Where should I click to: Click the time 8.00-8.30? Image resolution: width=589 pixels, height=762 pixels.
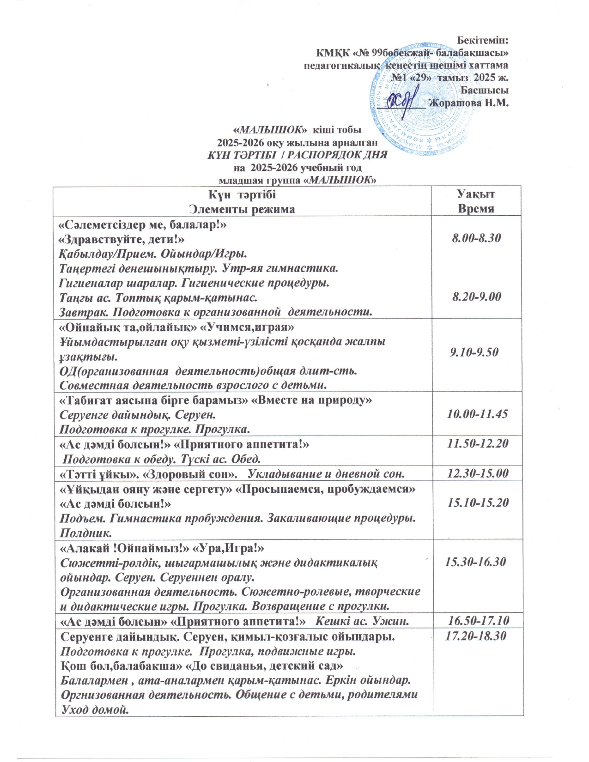pyautogui.click(x=476, y=238)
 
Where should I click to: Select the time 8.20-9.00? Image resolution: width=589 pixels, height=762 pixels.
pyautogui.click(x=476, y=296)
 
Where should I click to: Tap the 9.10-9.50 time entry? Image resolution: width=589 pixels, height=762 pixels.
pyautogui.click(x=474, y=352)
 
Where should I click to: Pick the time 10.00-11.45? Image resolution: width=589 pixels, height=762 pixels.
pyautogui.click(x=477, y=413)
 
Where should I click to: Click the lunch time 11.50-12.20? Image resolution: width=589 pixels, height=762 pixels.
pyautogui.click(x=477, y=443)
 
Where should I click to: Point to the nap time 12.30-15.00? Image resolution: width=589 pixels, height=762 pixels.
pyautogui.click(x=477, y=473)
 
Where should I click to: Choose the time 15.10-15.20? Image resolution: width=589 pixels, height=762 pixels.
pyautogui.click(x=477, y=502)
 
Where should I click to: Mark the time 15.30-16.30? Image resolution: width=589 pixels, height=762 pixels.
pyautogui.click(x=475, y=562)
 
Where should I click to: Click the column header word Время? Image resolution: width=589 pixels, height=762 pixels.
pyautogui.click(x=476, y=208)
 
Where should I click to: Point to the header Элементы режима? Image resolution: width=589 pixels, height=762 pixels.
pyautogui.click(x=242, y=209)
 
